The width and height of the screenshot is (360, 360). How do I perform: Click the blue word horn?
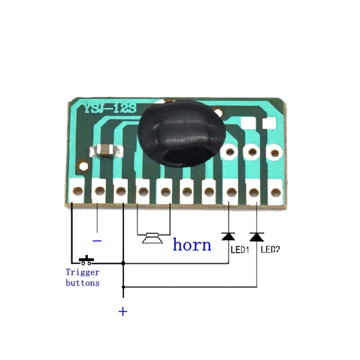click(x=192, y=245)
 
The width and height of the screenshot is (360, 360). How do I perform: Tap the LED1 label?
click(x=239, y=249)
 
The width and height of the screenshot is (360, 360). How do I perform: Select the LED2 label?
click(x=270, y=249)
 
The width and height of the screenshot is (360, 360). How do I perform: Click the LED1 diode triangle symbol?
click(x=228, y=236)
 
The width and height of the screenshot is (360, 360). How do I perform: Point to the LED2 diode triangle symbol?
click(x=256, y=237)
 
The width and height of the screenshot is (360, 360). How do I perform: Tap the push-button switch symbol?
click(x=85, y=261)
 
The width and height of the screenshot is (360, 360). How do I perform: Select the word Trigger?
click(x=82, y=272)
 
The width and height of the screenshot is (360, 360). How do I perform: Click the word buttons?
click(x=82, y=283)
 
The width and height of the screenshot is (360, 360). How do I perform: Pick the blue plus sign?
click(x=122, y=311)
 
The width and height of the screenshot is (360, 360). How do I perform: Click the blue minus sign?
click(x=97, y=241)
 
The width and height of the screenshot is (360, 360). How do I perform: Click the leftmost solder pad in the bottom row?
click(x=77, y=191)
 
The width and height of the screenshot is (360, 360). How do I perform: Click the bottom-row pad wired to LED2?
click(x=253, y=192)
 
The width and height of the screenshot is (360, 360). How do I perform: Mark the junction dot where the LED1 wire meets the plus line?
click(x=123, y=263)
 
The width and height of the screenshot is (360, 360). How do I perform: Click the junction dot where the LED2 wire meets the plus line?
click(x=123, y=286)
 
